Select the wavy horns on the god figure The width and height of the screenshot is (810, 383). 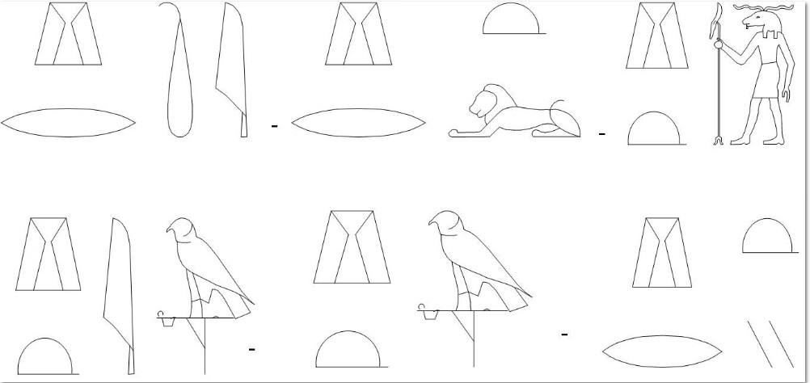(x=763, y=7)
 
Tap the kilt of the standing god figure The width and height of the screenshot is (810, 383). (x=765, y=80)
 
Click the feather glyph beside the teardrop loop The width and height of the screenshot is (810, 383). (x=232, y=69)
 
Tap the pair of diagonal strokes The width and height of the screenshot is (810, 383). (x=770, y=344)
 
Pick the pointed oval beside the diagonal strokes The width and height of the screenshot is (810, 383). (x=662, y=351)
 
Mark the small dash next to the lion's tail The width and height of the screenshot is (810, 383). (x=601, y=134)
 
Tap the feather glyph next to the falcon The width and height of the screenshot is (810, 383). (x=120, y=296)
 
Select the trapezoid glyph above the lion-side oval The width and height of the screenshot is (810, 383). (x=358, y=34)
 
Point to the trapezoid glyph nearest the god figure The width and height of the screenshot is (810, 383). (x=656, y=36)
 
